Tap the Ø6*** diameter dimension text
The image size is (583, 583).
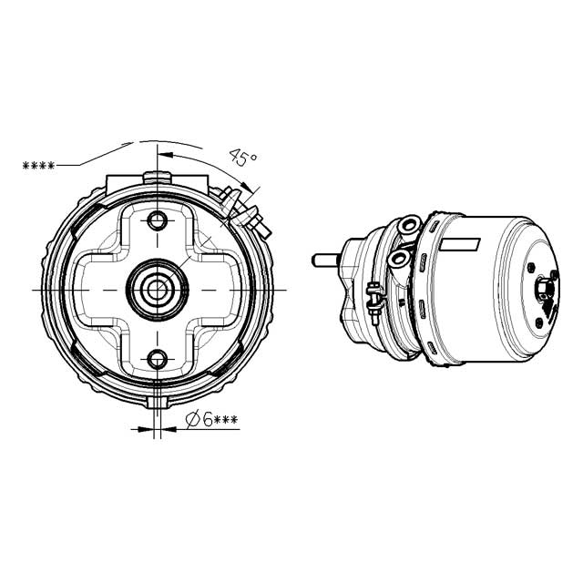[211, 420]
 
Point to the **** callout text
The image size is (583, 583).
[38, 166]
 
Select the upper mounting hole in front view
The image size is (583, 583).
[159, 221]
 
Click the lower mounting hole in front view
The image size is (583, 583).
[159, 357]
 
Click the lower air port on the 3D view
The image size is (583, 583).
[397, 261]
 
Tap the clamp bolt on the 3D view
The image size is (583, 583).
[373, 295]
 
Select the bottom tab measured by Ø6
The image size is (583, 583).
[159, 401]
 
